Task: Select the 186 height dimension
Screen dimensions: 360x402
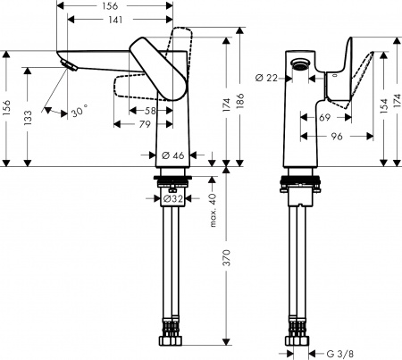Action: point(240,104)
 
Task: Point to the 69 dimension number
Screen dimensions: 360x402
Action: point(323,118)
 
